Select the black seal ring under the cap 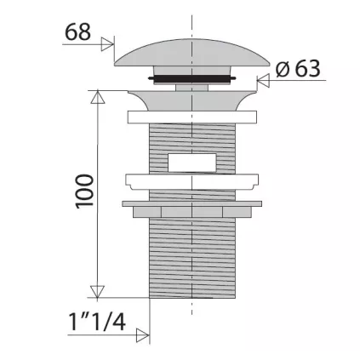click(192, 79)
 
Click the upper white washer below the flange click(192, 117)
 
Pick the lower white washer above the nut click(192, 181)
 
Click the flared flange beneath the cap click(192, 98)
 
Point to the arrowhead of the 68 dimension click(108, 44)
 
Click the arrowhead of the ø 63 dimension click(262, 82)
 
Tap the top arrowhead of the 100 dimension click(98, 96)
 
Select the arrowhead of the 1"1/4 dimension click(145, 334)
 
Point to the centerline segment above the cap click(192, 21)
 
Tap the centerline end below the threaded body click(192, 319)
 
